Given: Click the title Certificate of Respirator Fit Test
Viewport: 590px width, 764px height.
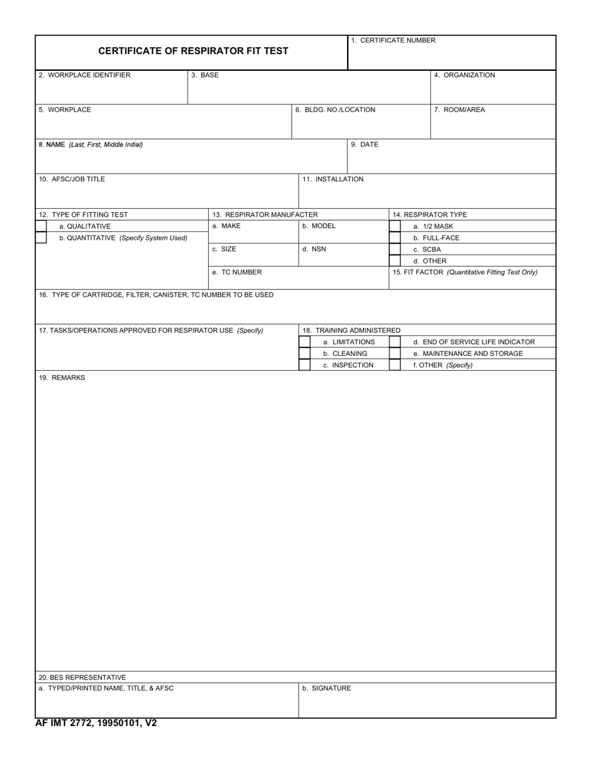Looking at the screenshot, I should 193,51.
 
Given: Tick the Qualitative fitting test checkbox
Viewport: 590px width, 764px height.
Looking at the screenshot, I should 41,226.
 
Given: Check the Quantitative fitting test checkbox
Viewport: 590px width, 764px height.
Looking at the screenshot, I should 41,238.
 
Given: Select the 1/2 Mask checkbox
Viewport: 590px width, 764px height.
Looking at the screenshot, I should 395,226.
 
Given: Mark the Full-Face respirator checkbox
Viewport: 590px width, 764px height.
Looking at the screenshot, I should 395,238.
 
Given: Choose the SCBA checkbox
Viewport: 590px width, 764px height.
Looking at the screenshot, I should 395,249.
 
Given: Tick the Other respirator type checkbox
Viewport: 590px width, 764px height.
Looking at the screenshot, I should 395,261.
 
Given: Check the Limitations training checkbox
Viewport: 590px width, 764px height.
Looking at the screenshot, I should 305,342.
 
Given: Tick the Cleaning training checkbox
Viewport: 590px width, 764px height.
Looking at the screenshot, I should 305,353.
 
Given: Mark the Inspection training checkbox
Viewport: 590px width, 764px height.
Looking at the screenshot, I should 305,365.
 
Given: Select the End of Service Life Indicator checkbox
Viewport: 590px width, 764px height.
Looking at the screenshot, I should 395,342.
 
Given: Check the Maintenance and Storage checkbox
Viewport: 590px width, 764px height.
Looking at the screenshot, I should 395,353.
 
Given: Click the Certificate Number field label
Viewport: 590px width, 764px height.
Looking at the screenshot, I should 393,40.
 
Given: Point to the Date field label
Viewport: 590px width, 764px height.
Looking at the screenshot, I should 365,145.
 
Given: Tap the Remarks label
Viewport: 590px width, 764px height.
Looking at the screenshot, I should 62,378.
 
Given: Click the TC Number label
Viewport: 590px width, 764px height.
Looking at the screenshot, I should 237,272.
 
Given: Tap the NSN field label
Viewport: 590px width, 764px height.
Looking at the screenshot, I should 314,249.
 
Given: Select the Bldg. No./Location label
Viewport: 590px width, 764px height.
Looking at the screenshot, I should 335,110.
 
